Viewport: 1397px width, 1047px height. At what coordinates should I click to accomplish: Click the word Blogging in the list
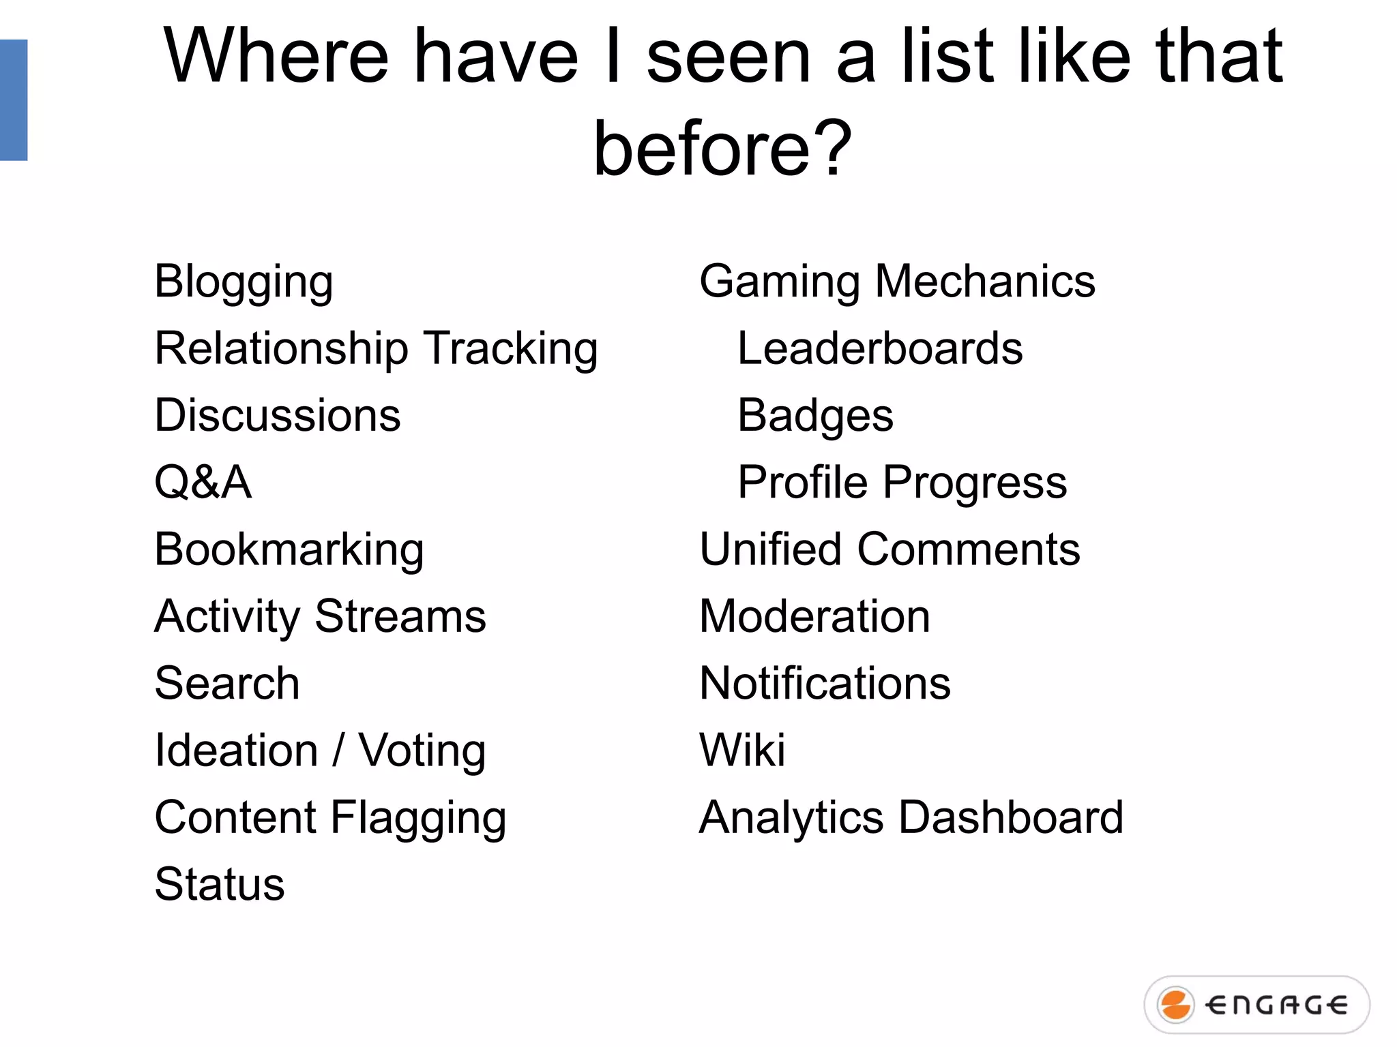click(x=244, y=282)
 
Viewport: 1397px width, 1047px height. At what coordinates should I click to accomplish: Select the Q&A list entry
click(x=203, y=483)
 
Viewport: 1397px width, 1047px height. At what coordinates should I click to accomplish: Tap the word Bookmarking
click(x=289, y=549)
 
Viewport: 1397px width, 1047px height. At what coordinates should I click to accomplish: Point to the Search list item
click(x=227, y=683)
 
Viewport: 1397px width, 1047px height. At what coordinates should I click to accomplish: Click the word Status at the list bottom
click(x=220, y=884)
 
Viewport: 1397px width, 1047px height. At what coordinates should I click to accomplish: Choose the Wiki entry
click(x=742, y=750)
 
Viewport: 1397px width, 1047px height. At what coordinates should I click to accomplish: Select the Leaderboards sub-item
click(x=880, y=348)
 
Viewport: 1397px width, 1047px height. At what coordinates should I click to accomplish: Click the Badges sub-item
click(x=815, y=415)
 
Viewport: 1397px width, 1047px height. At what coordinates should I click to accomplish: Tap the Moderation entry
click(x=814, y=616)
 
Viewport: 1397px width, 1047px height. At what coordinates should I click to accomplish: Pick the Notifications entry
click(x=825, y=683)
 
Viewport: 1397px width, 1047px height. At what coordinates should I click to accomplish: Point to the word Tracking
click(x=510, y=348)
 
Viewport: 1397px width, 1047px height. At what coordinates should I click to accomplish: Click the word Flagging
click(x=418, y=817)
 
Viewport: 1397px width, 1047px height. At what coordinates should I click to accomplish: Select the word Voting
click(x=422, y=750)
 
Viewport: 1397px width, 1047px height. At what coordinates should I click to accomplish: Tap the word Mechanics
click(x=984, y=282)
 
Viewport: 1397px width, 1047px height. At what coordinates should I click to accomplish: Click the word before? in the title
click(x=722, y=148)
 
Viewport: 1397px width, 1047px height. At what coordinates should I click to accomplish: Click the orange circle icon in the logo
click(x=1175, y=1005)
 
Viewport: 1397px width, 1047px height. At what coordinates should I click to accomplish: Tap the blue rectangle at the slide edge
click(x=14, y=100)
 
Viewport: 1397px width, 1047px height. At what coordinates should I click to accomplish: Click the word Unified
click(x=770, y=549)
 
